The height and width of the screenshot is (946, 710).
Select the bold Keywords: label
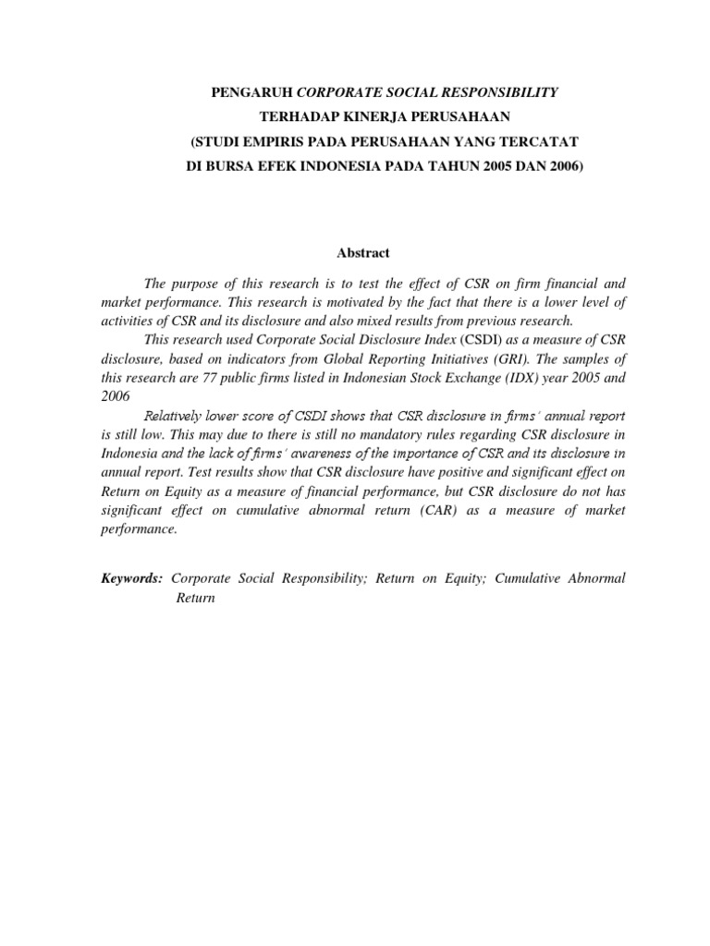(131, 578)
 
